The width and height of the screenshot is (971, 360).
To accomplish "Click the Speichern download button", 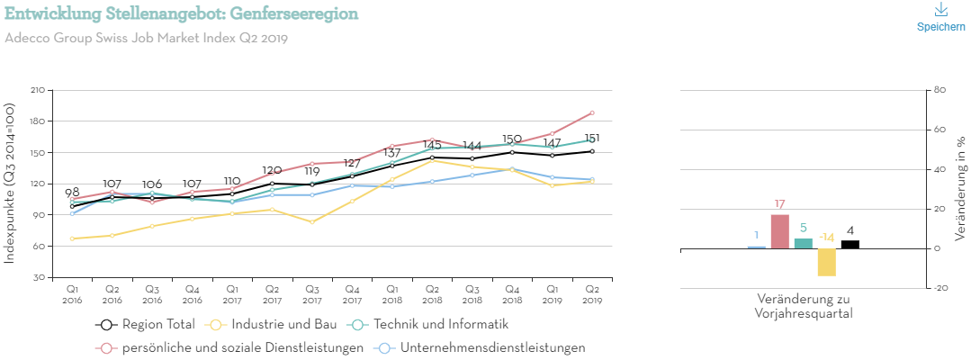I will click(x=940, y=17).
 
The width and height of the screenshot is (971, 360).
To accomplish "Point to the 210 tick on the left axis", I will click(x=38, y=90).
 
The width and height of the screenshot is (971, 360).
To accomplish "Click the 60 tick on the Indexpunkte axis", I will click(x=40, y=246).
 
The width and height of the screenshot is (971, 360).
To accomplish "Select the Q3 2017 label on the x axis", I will click(x=311, y=293).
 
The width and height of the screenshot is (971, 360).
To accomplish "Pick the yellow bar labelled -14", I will click(x=827, y=262).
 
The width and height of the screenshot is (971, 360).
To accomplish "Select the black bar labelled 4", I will click(x=850, y=244).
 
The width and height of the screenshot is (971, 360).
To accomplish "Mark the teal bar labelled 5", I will click(x=804, y=243).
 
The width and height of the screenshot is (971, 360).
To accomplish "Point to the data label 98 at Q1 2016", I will click(x=72, y=193).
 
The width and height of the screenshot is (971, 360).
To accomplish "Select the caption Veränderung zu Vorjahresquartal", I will click(x=804, y=306).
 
